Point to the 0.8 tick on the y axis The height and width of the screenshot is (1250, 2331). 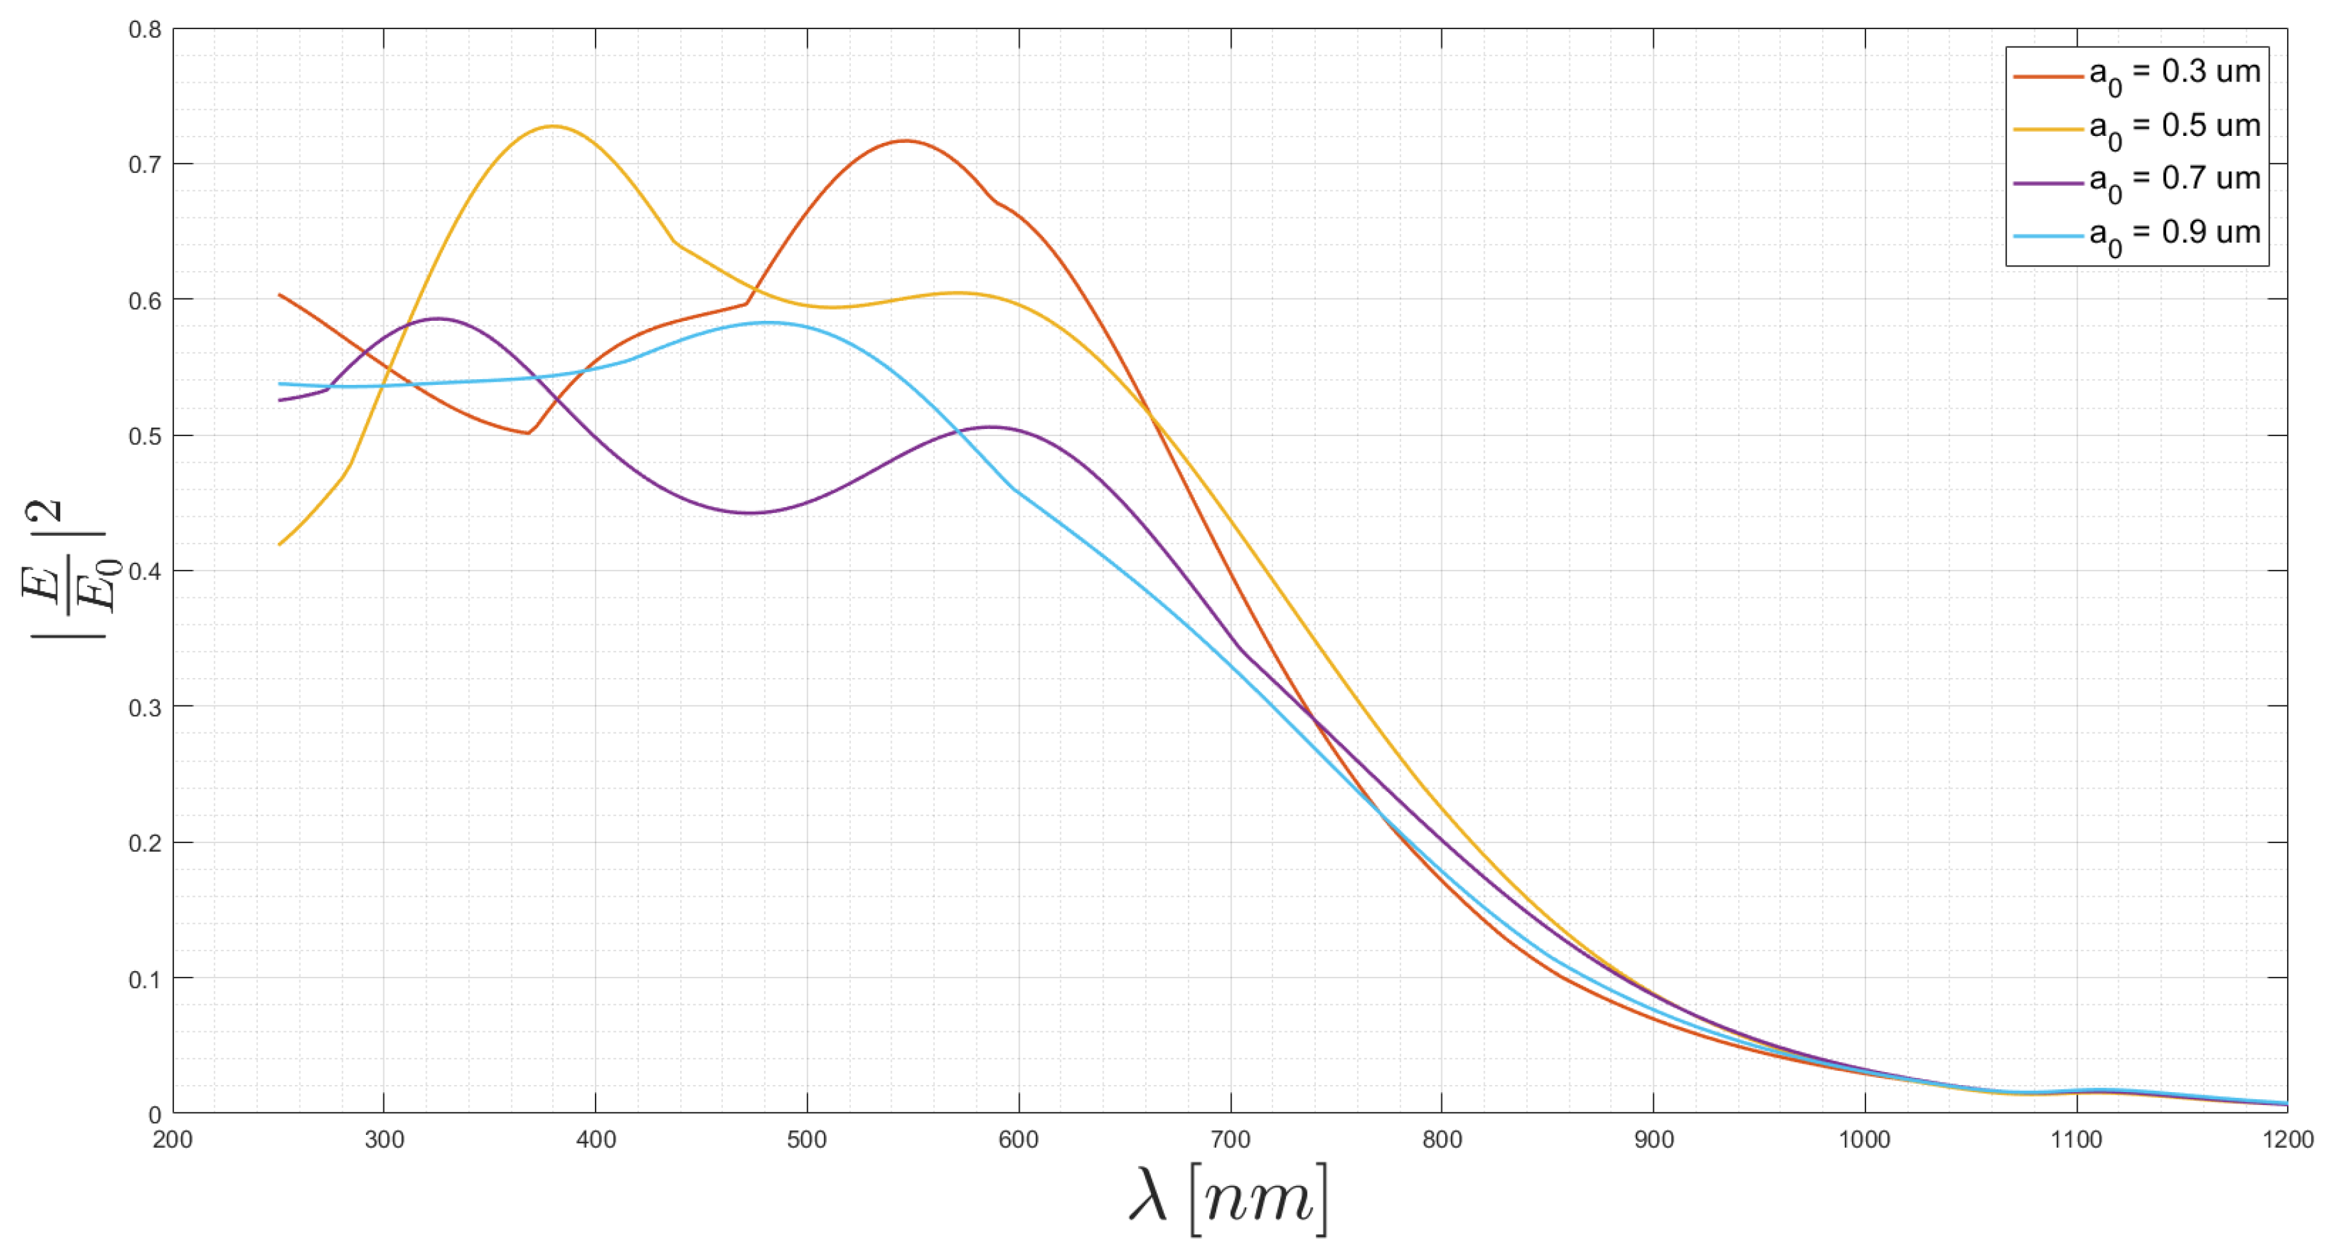tap(145, 29)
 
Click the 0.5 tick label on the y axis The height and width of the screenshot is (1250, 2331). tap(145, 436)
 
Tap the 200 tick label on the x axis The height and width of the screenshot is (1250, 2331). tap(173, 1139)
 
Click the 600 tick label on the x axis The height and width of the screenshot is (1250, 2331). tap(1019, 1139)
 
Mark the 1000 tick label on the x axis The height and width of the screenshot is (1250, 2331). tap(1865, 1139)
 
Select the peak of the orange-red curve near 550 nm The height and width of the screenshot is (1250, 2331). tap(905, 140)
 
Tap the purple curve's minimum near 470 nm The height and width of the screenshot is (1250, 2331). tap(749, 513)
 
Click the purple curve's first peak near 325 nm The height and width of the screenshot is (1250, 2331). tap(439, 318)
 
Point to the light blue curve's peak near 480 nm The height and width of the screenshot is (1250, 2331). tap(768, 322)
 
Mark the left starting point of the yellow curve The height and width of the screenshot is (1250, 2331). tap(279, 545)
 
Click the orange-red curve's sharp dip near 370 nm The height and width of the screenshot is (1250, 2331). tap(528, 433)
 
